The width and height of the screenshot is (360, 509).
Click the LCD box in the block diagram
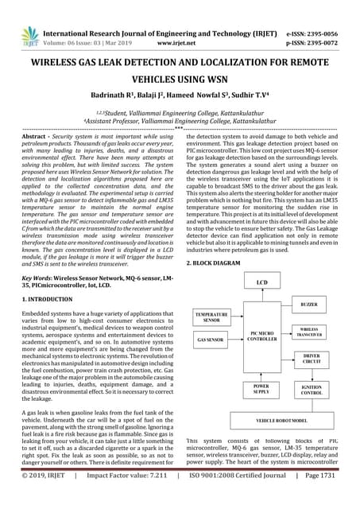(261, 282)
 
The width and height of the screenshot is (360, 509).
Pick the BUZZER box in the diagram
(310, 305)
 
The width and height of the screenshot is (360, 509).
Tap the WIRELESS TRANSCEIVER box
(310, 332)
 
